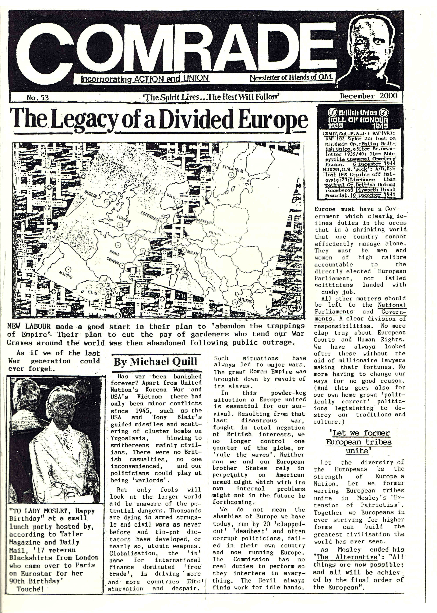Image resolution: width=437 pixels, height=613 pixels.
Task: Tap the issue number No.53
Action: coord(38,98)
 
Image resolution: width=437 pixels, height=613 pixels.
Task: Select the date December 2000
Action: coord(368,96)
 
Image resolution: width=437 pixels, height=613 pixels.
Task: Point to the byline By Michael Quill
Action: coord(155,362)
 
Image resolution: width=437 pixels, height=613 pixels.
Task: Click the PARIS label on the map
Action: coord(114,253)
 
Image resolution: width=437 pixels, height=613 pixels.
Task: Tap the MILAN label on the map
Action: coord(192,253)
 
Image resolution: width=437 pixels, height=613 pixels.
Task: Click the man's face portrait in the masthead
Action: coord(374,46)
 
